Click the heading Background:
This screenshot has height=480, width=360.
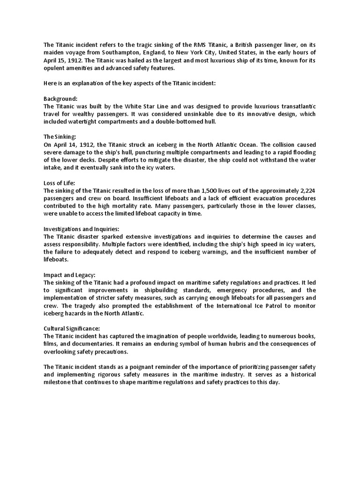pos(60,99)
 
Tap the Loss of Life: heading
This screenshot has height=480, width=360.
pos(59,183)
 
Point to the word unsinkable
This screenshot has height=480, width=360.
pos(175,114)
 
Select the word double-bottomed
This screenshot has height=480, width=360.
pos(167,122)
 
